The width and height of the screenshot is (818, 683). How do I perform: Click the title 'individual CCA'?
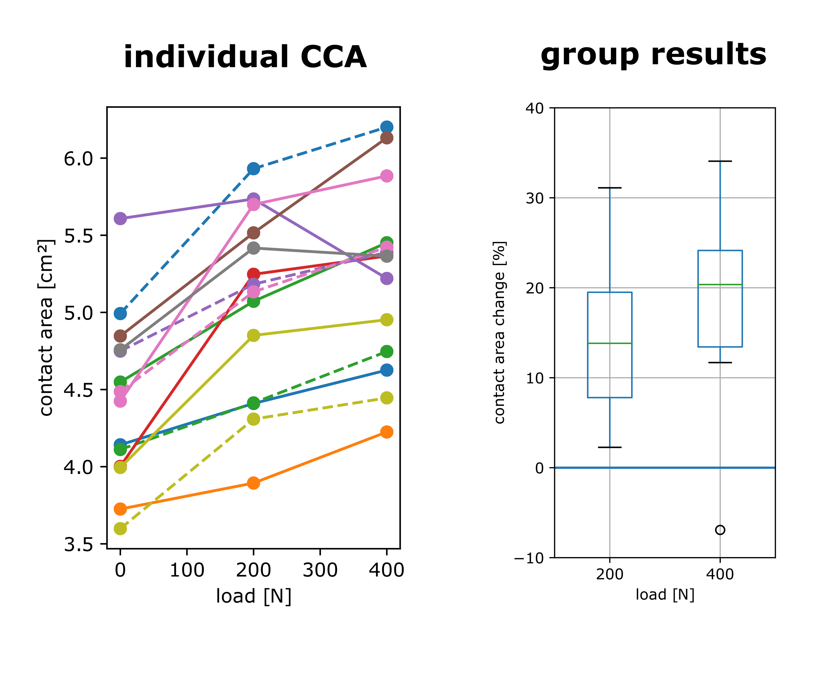pyautogui.click(x=245, y=57)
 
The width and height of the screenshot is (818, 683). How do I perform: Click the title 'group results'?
pyautogui.click(x=653, y=54)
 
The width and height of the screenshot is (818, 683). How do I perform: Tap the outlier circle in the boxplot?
pyautogui.click(x=720, y=530)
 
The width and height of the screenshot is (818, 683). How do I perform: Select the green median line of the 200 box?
pyautogui.click(x=610, y=343)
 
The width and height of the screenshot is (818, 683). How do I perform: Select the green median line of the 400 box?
pyautogui.click(x=720, y=284)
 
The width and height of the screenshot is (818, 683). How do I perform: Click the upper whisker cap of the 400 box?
pyautogui.click(x=720, y=161)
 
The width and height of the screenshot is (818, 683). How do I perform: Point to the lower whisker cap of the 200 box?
pyautogui.click(x=610, y=447)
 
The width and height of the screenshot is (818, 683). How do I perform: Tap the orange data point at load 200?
pyautogui.click(x=253, y=483)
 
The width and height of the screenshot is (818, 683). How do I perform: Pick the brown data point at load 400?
pyautogui.click(x=386, y=138)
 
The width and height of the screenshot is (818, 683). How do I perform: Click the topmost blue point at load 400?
pyautogui.click(x=386, y=127)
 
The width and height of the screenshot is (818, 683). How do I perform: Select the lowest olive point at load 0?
pyautogui.click(x=120, y=529)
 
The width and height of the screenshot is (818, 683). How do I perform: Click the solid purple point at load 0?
pyautogui.click(x=120, y=219)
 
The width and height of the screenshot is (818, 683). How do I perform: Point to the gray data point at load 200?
pyautogui.click(x=253, y=248)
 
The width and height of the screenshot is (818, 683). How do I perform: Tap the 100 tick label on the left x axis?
pyautogui.click(x=187, y=570)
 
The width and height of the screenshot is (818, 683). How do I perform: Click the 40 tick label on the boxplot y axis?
pyautogui.click(x=535, y=108)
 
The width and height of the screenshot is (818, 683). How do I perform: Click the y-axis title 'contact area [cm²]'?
pyautogui.click(x=46, y=328)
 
